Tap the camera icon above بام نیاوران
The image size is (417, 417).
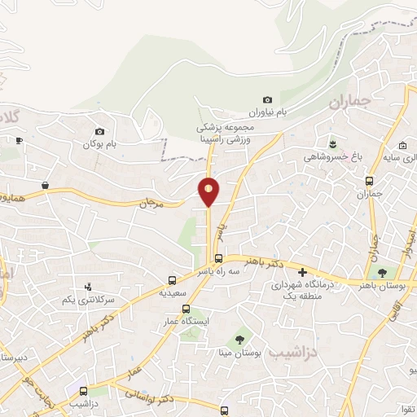pos(268,100)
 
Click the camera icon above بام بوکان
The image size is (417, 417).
pos(99,132)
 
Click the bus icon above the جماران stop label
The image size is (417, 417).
pos(370,182)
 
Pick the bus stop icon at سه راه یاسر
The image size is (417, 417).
pos(217,259)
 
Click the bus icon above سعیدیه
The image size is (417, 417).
pos(172,279)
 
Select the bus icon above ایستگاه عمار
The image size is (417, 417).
pos(187,309)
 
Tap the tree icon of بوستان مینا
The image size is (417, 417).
pos(239,339)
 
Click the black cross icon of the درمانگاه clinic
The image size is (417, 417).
pos(303,272)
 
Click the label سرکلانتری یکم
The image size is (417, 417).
pos(89,300)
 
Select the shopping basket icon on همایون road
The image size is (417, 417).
pos(46,185)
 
